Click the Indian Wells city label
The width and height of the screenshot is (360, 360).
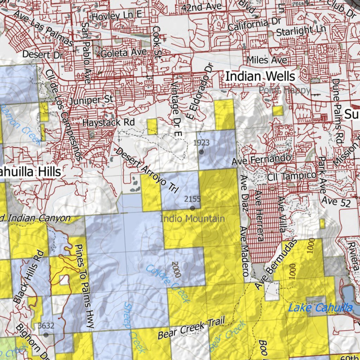pos(260,76)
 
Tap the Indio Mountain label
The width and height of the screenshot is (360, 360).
pos(192,219)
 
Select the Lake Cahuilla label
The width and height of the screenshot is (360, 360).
pos(320,308)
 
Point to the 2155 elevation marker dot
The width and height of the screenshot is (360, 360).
pos(192,208)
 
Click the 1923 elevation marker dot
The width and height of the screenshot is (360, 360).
pos(201,152)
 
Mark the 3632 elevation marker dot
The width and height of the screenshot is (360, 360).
pos(46,335)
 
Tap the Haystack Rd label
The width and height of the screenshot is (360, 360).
pos(109,123)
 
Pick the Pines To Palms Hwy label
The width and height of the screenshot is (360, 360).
pos(85,287)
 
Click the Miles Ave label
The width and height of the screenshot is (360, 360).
pos(267,60)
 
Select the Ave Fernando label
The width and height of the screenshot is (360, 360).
pos(261,160)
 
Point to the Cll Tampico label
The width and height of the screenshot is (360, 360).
pos(292,175)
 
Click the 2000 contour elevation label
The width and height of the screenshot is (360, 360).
pos(176,269)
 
